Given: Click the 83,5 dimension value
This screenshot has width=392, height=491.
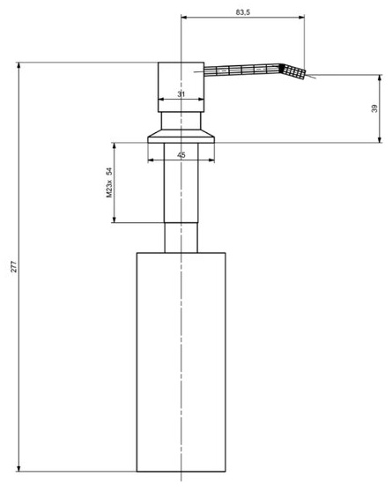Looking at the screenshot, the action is (243, 12).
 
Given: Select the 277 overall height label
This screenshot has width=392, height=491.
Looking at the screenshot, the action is (14, 266).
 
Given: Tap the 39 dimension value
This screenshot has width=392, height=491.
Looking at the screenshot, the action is (374, 108).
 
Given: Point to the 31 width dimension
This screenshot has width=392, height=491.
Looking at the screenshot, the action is (181, 94).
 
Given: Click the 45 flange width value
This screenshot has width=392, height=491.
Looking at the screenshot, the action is (181, 154).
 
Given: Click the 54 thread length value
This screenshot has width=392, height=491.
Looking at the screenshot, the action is (109, 171).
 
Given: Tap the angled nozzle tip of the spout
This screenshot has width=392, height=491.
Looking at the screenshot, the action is (293, 72).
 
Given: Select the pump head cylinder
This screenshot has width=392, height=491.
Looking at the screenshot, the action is (181, 87).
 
